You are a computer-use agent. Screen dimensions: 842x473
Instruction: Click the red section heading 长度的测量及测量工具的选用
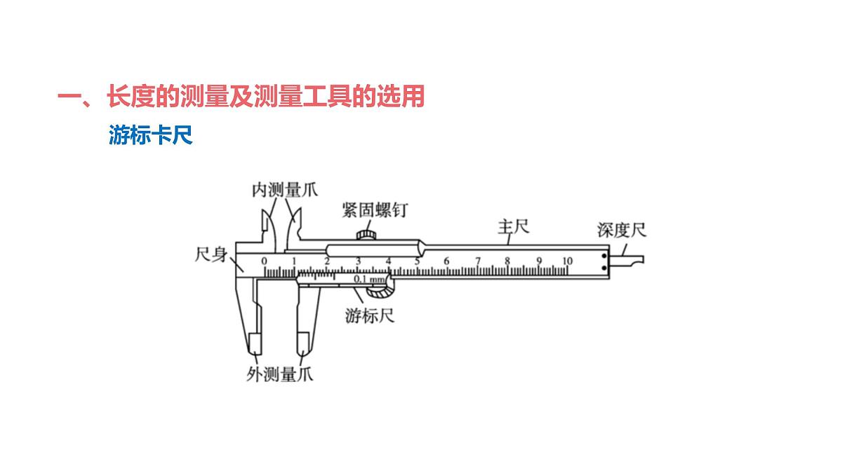coord(266,96)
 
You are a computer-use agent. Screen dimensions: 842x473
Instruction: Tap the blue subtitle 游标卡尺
coord(151,135)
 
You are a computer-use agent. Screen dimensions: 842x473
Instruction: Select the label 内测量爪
coord(285,190)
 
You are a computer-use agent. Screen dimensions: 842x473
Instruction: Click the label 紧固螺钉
coord(375,210)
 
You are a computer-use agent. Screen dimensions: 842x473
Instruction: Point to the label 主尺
coord(514,227)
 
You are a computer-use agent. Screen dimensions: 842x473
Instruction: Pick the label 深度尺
coord(622,230)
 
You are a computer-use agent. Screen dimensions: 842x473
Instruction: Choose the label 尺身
coord(211,254)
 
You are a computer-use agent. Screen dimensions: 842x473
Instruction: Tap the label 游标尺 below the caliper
coord(370,316)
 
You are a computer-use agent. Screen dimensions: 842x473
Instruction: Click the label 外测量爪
coord(280,374)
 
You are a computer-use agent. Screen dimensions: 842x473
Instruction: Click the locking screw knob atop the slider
coord(366,235)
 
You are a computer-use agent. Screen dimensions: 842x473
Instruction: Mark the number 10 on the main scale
coord(567,261)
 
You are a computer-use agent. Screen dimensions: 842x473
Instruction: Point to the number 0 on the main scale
coord(265,261)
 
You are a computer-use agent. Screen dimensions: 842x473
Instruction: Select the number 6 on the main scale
coord(446,261)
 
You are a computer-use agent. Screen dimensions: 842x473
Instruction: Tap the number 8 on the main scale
coord(507,261)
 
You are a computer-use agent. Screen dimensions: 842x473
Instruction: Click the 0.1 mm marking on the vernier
coord(370,279)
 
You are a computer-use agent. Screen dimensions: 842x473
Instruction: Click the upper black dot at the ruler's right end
coord(603,256)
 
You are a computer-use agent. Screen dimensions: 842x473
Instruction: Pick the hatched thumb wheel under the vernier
coord(380,292)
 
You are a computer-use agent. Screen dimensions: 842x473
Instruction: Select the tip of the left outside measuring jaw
coord(255,354)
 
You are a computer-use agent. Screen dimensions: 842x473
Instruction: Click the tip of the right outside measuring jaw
coord(303,355)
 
